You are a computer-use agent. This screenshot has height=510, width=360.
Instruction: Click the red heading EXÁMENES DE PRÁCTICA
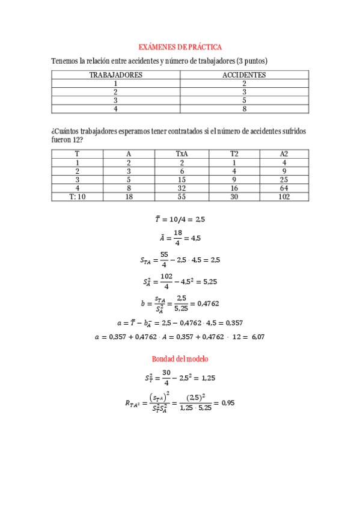[x=180, y=46]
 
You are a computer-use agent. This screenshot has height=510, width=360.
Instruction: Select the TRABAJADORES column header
[x=115, y=75]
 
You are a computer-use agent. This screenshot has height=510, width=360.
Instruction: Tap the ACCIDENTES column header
[x=244, y=75]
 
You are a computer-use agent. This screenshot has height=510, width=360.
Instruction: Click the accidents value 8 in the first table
[x=244, y=109]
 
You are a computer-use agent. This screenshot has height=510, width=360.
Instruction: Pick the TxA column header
[x=181, y=154]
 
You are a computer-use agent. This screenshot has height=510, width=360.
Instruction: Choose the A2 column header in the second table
[x=284, y=154]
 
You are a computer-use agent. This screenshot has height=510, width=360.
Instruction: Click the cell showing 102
[x=284, y=196]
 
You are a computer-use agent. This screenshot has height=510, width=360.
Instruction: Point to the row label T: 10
[x=78, y=196]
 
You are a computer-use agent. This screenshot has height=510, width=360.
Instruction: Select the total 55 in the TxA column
[x=181, y=196]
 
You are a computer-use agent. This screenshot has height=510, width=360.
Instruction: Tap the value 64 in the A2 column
[x=284, y=188]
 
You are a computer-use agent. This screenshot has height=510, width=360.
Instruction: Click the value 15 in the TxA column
[x=181, y=179]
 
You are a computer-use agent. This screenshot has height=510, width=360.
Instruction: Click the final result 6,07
[x=257, y=337]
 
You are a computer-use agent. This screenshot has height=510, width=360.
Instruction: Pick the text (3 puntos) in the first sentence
[x=252, y=61]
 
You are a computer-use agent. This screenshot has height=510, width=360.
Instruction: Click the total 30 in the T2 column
[x=234, y=196]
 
